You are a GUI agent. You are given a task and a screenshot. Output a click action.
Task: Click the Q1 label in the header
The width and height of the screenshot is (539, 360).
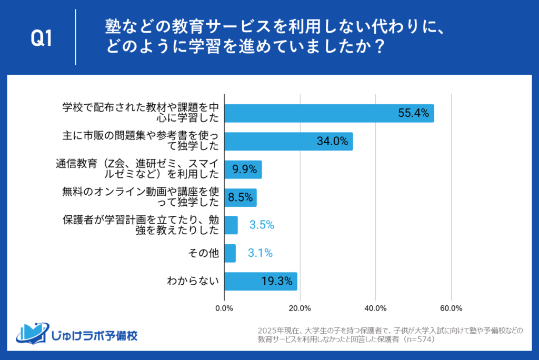[42, 38]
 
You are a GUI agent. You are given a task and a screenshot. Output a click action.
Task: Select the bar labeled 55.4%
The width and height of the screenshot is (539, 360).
[329, 113]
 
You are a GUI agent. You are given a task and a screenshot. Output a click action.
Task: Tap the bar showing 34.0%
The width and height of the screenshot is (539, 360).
[288, 141]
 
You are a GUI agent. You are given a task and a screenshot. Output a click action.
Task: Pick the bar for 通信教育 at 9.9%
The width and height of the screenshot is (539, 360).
[243, 169]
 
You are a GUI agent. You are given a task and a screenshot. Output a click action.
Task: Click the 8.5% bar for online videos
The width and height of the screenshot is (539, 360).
[240, 198]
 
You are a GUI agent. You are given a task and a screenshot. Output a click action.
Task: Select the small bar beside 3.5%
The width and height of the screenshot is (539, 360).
[231, 225]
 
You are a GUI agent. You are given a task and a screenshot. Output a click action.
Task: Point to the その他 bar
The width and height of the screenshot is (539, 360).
[230, 253]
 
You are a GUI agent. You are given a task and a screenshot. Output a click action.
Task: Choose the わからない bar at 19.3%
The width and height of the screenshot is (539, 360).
[261, 282]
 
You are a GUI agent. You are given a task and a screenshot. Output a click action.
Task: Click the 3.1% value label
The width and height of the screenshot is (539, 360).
[260, 253]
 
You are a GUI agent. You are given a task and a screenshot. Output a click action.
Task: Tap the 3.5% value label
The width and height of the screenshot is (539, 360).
[262, 225]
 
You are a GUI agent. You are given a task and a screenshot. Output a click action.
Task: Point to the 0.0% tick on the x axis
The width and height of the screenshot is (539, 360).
[225, 308]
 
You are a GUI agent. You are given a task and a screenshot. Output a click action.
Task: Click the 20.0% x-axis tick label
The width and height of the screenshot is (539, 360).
[300, 308]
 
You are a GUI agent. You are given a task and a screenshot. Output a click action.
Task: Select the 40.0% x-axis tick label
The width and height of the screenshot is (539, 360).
[375, 308]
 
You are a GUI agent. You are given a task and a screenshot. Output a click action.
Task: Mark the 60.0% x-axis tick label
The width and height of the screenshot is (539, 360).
[451, 308]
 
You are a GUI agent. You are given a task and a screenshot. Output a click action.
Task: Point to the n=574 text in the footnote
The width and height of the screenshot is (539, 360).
[415, 339]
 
